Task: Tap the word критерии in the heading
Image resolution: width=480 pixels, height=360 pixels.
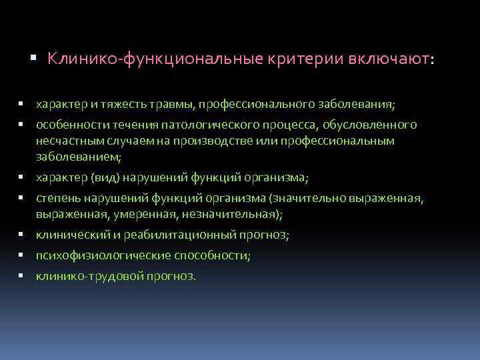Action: pos(297,59)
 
